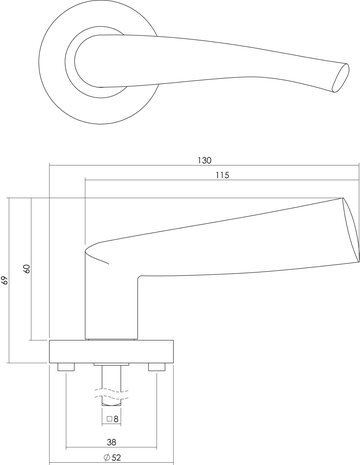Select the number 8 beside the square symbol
pyautogui.click(x=117, y=420)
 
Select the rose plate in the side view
pyautogui.click(x=111, y=351)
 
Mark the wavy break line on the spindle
pyautogui.click(x=110, y=382)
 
